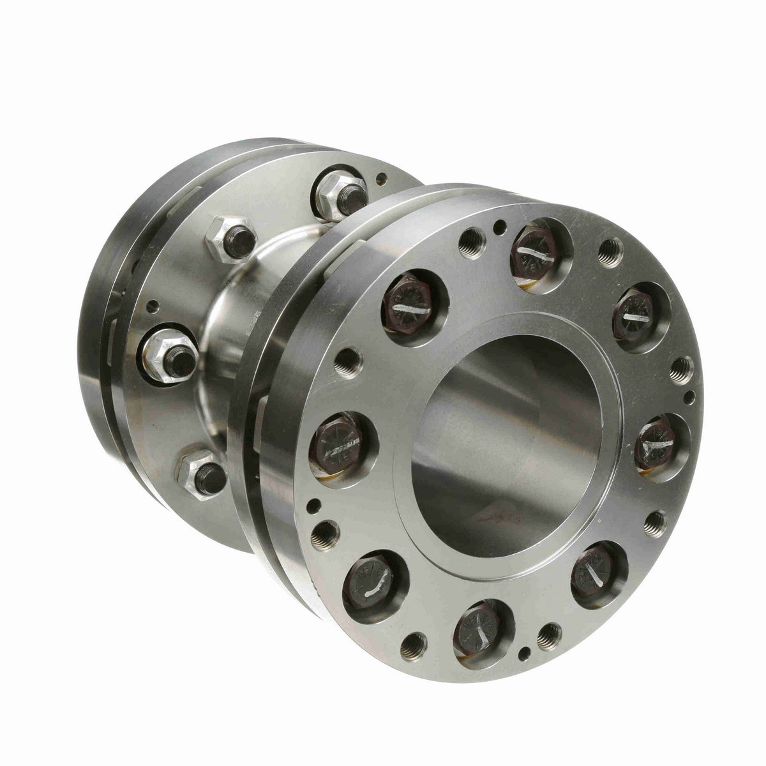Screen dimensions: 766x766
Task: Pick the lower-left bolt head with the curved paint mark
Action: (x=374, y=584)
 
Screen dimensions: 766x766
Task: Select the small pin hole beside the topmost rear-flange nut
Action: (x=381, y=179)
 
